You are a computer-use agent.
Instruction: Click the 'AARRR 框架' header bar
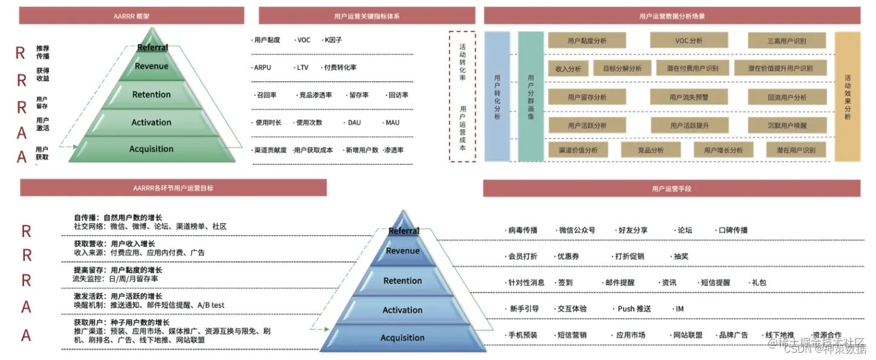(131, 16)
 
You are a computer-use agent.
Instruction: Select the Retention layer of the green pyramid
(151, 94)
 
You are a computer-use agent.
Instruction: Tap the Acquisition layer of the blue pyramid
(402, 338)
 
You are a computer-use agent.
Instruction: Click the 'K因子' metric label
(333, 40)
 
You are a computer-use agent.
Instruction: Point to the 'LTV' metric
(302, 67)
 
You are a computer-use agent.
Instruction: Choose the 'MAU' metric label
(392, 122)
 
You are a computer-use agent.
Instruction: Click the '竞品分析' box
(650, 150)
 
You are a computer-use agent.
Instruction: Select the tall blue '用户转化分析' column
(497, 97)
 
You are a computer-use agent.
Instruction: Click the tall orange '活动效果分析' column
(847, 97)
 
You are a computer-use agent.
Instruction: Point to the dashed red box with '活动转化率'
(462, 97)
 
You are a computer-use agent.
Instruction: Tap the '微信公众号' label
(577, 230)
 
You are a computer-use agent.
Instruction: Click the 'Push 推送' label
(634, 309)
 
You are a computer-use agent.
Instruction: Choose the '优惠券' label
(567, 256)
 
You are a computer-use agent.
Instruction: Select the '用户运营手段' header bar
(672, 189)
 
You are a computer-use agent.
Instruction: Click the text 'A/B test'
(211, 305)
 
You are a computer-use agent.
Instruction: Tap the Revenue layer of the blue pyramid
(402, 250)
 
